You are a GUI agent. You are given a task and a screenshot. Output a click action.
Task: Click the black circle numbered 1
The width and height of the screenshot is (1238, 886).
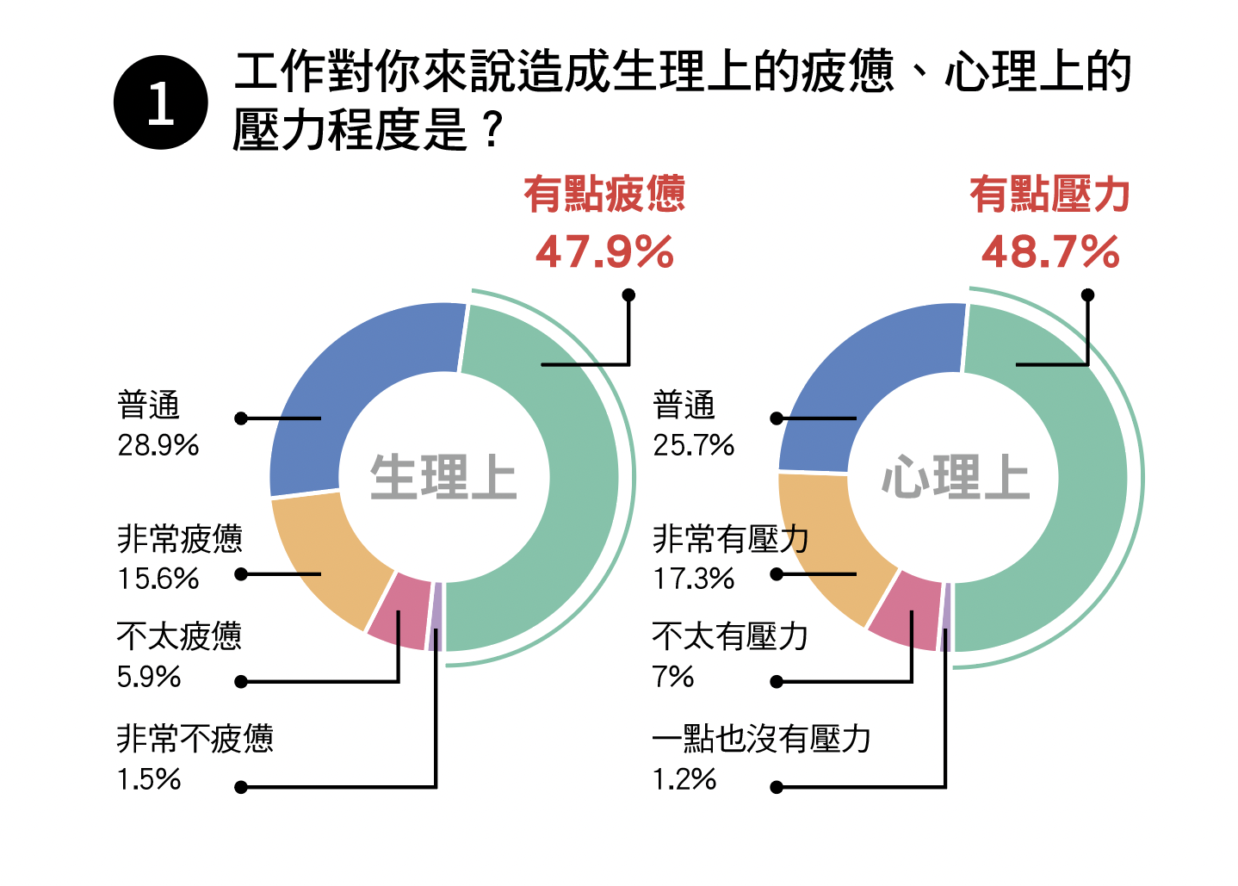coord(161,102)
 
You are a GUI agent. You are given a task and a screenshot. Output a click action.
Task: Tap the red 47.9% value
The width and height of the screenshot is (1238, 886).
coord(604,252)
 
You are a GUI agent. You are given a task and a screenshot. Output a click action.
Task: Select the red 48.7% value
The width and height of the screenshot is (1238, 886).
coord(1050,252)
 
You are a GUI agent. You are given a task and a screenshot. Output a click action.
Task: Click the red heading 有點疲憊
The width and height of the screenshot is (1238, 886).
coord(604,194)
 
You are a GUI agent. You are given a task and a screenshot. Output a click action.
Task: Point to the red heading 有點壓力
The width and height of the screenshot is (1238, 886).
coord(1049,194)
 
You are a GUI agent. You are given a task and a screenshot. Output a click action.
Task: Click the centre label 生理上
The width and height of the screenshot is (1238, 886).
coord(443,478)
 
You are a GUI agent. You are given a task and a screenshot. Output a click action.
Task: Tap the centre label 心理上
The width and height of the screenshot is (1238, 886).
coord(955,478)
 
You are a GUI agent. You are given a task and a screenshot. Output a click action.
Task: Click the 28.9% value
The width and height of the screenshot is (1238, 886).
coord(158,445)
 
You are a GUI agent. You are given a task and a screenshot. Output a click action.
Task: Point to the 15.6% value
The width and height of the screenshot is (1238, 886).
coord(158,579)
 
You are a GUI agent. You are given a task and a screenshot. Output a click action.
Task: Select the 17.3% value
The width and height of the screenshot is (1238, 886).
coord(694,579)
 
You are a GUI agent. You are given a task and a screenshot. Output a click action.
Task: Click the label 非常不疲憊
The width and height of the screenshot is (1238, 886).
coord(195,739)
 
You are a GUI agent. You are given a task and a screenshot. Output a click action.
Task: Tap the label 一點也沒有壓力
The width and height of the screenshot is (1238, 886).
coord(762,739)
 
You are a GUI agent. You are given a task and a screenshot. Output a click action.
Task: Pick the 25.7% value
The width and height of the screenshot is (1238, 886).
coord(694,445)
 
